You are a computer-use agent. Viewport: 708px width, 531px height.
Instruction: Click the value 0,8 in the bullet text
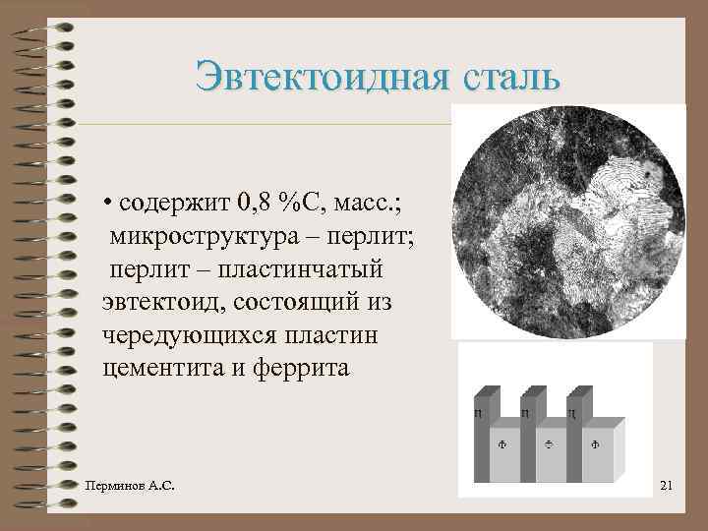[254, 204]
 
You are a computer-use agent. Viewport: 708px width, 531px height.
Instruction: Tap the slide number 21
[666, 485]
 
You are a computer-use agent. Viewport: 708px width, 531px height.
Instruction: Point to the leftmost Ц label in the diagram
[478, 414]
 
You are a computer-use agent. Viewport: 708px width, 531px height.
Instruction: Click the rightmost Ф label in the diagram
[594, 444]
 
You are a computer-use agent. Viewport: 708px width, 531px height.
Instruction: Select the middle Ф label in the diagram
[548, 444]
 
